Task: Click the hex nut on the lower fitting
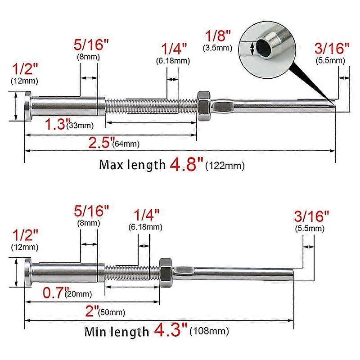(x=166, y=272)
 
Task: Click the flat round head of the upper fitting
(x=28, y=106)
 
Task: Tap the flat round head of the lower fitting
(x=28, y=273)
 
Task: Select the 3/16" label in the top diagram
(x=333, y=48)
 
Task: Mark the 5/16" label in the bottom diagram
(x=91, y=211)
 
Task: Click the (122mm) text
(x=225, y=166)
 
